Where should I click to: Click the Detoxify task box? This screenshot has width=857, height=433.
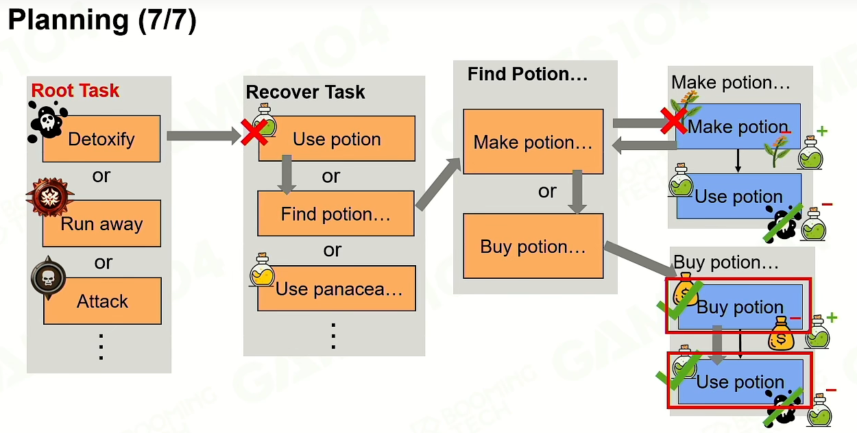pos(101,138)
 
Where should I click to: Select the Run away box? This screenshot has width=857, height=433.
pos(101,223)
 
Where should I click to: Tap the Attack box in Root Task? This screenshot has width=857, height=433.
pos(103,301)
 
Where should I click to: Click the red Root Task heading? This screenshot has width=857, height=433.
pos(75,90)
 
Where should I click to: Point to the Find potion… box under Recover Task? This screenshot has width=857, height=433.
pos(336,214)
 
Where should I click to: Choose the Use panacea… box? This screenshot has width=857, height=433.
pos(337,288)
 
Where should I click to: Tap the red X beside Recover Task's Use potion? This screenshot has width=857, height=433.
pos(254,132)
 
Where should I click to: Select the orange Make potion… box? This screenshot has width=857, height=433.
pos(533,142)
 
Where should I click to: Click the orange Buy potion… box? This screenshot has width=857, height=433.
pos(533,246)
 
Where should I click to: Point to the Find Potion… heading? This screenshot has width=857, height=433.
pos(528,74)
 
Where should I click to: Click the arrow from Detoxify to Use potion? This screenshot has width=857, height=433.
pos(204,136)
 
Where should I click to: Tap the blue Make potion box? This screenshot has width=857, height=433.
pos(738,126)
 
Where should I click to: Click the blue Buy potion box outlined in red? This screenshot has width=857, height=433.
pos(740,306)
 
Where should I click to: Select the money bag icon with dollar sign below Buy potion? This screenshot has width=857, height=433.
pos(781,333)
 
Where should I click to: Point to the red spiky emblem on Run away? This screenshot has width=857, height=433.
pos(50,197)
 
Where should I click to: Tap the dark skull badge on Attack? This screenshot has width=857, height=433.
pos(48,278)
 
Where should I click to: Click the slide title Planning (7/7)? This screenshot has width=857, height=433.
pos(102,20)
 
